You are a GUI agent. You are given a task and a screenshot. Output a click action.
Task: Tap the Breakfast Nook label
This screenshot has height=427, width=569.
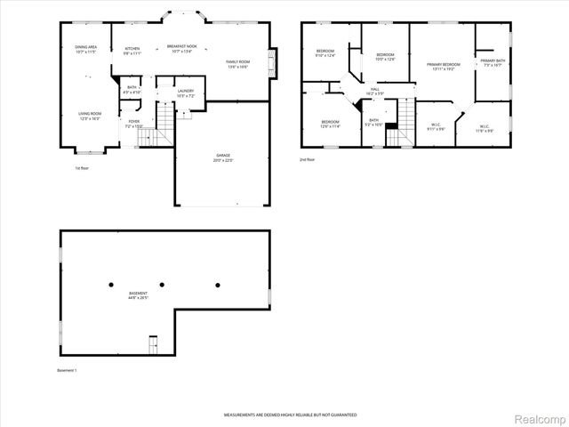click(x=187, y=50)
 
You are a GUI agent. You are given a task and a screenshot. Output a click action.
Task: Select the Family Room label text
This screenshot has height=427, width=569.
click(x=236, y=64)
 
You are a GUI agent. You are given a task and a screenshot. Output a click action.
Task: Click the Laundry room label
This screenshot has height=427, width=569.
click(x=185, y=93)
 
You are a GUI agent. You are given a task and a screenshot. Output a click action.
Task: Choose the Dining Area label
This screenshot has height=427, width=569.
click(x=86, y=49)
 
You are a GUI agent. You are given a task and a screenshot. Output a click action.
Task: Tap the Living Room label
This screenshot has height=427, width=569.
click(x=90, y=116)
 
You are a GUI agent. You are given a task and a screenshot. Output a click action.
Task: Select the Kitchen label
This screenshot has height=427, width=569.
click(x=132, y=51)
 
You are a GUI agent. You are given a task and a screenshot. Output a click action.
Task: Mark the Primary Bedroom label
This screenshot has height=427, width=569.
click(x=443, y=67)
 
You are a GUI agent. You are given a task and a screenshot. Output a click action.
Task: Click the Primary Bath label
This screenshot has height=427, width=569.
click(x=493, y=62)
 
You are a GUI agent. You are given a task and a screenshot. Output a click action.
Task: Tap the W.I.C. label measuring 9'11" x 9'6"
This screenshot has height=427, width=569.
click(x=435, y=127)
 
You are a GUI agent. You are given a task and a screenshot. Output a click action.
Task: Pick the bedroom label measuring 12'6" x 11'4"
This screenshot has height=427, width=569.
click(x=330, y=124)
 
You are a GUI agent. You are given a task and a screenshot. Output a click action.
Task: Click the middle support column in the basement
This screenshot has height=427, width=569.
click(x=164, y=285)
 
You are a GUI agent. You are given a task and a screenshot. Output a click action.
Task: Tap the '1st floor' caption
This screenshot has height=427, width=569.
click(x=82, y=167)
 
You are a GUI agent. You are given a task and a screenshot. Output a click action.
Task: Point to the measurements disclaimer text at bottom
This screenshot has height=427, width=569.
click(x=290, y=415)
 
